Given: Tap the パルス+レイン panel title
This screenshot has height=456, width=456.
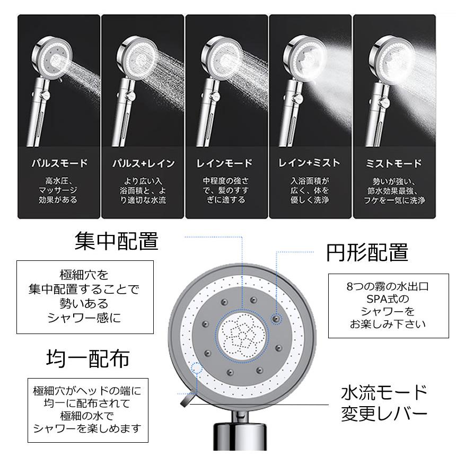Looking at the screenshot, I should [x=143, y=163].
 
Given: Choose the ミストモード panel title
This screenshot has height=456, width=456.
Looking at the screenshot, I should [x=394, y=163].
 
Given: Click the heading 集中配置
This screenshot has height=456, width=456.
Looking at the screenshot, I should [x=116, y=241].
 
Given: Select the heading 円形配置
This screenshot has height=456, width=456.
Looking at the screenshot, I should [x=366, y=252].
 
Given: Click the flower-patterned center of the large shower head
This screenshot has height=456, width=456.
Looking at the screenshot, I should [x=243, y=338].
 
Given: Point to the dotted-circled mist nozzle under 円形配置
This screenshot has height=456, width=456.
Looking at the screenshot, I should [x=276, y=318].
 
